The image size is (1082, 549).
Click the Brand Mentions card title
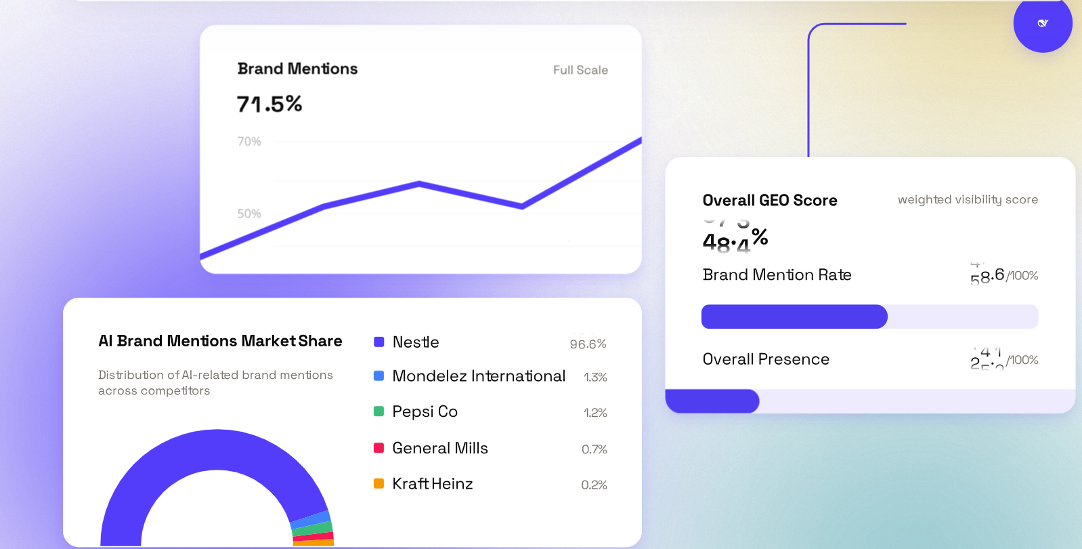[297, 69]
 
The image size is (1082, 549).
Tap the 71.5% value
[269, 104]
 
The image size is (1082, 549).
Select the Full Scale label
[580, 70]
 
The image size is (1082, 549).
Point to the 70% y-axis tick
[249, 142]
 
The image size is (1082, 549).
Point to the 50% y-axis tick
[249, 214]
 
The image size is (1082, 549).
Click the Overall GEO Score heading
[770, 201]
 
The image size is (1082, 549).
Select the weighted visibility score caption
[968, 200]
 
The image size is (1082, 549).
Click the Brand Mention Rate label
[777, 275]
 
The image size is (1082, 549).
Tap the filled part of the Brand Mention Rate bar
[794, 317]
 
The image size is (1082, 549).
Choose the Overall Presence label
[766, 359]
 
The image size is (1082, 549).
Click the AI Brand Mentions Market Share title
[220, 341]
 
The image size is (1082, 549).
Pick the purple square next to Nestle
[379, 342]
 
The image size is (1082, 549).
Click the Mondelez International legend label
[479, 376]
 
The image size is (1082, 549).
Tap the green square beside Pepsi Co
[379, 411]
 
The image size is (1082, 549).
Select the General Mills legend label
[440, 448]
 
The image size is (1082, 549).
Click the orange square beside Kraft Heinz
[379, 484]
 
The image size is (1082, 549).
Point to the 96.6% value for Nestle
[588, 344]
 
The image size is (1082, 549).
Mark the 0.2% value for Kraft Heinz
[594, 485]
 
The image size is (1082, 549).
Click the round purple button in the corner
[1042, 24]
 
